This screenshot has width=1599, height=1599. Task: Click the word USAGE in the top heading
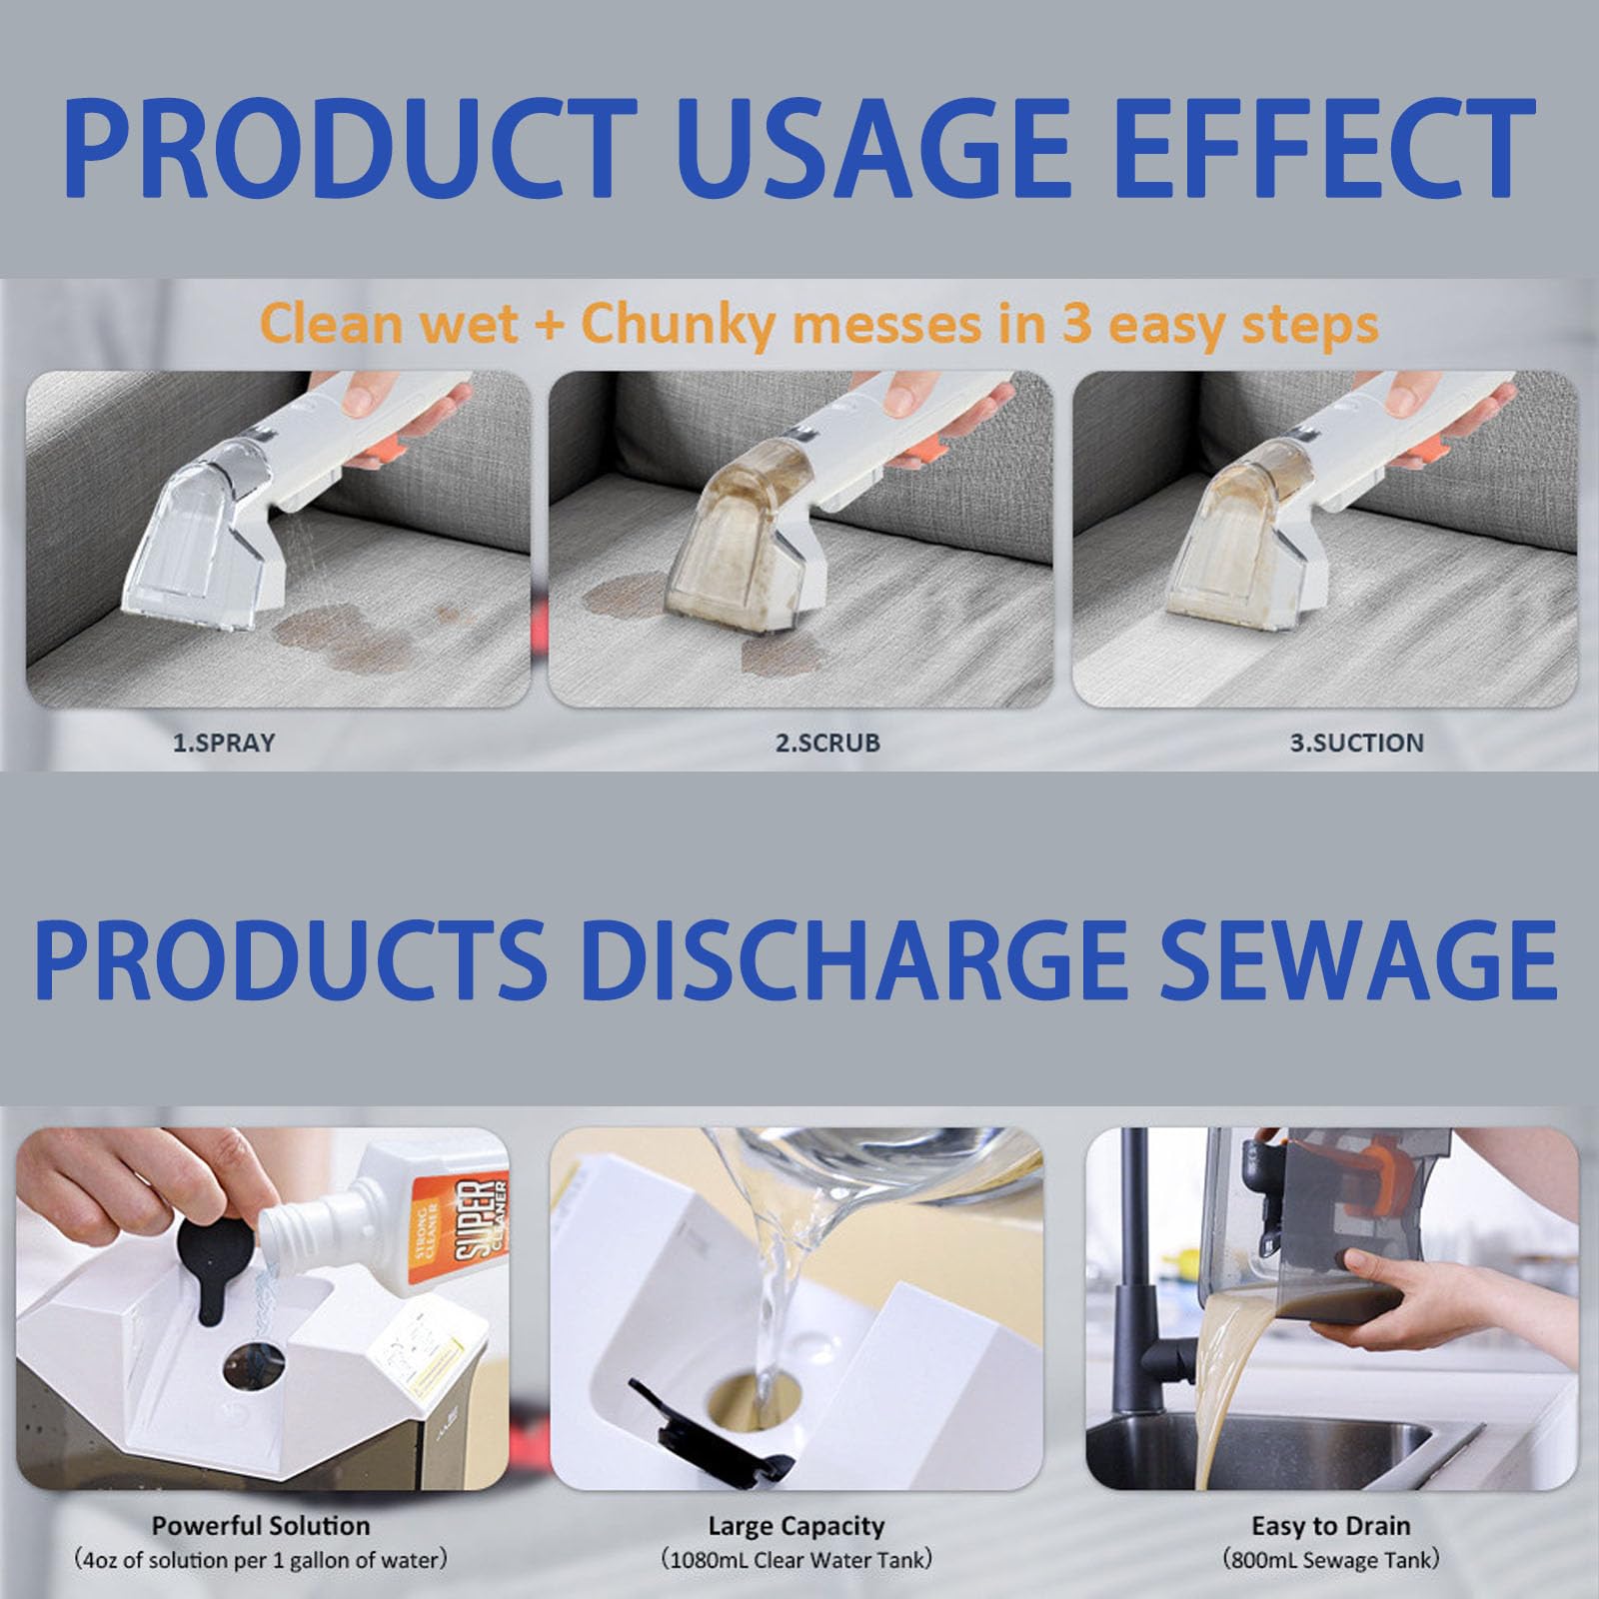point(865,150)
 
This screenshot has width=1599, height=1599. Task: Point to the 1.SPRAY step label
point(224,743)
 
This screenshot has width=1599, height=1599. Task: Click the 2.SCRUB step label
point(827,743)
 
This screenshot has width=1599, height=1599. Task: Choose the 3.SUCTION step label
point(1356,743)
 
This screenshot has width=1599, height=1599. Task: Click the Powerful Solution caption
point(261,1526)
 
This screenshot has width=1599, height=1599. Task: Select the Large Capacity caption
point(797,1526)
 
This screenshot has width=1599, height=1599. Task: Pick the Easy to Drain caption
point(1331,1526)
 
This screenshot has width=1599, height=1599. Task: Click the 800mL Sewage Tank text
point(1331,1559)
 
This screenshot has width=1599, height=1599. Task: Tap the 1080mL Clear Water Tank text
point(797,1559)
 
